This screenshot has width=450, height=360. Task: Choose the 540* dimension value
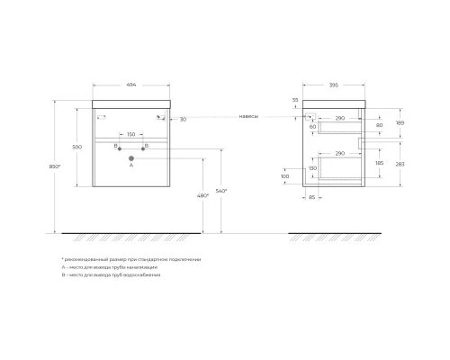[221, 191]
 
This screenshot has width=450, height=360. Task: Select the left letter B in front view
[115, 146]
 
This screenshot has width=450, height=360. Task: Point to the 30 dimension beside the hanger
[183, 118]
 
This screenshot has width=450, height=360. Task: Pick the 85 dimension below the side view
[311, 197]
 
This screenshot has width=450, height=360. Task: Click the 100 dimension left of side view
[284, 176]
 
